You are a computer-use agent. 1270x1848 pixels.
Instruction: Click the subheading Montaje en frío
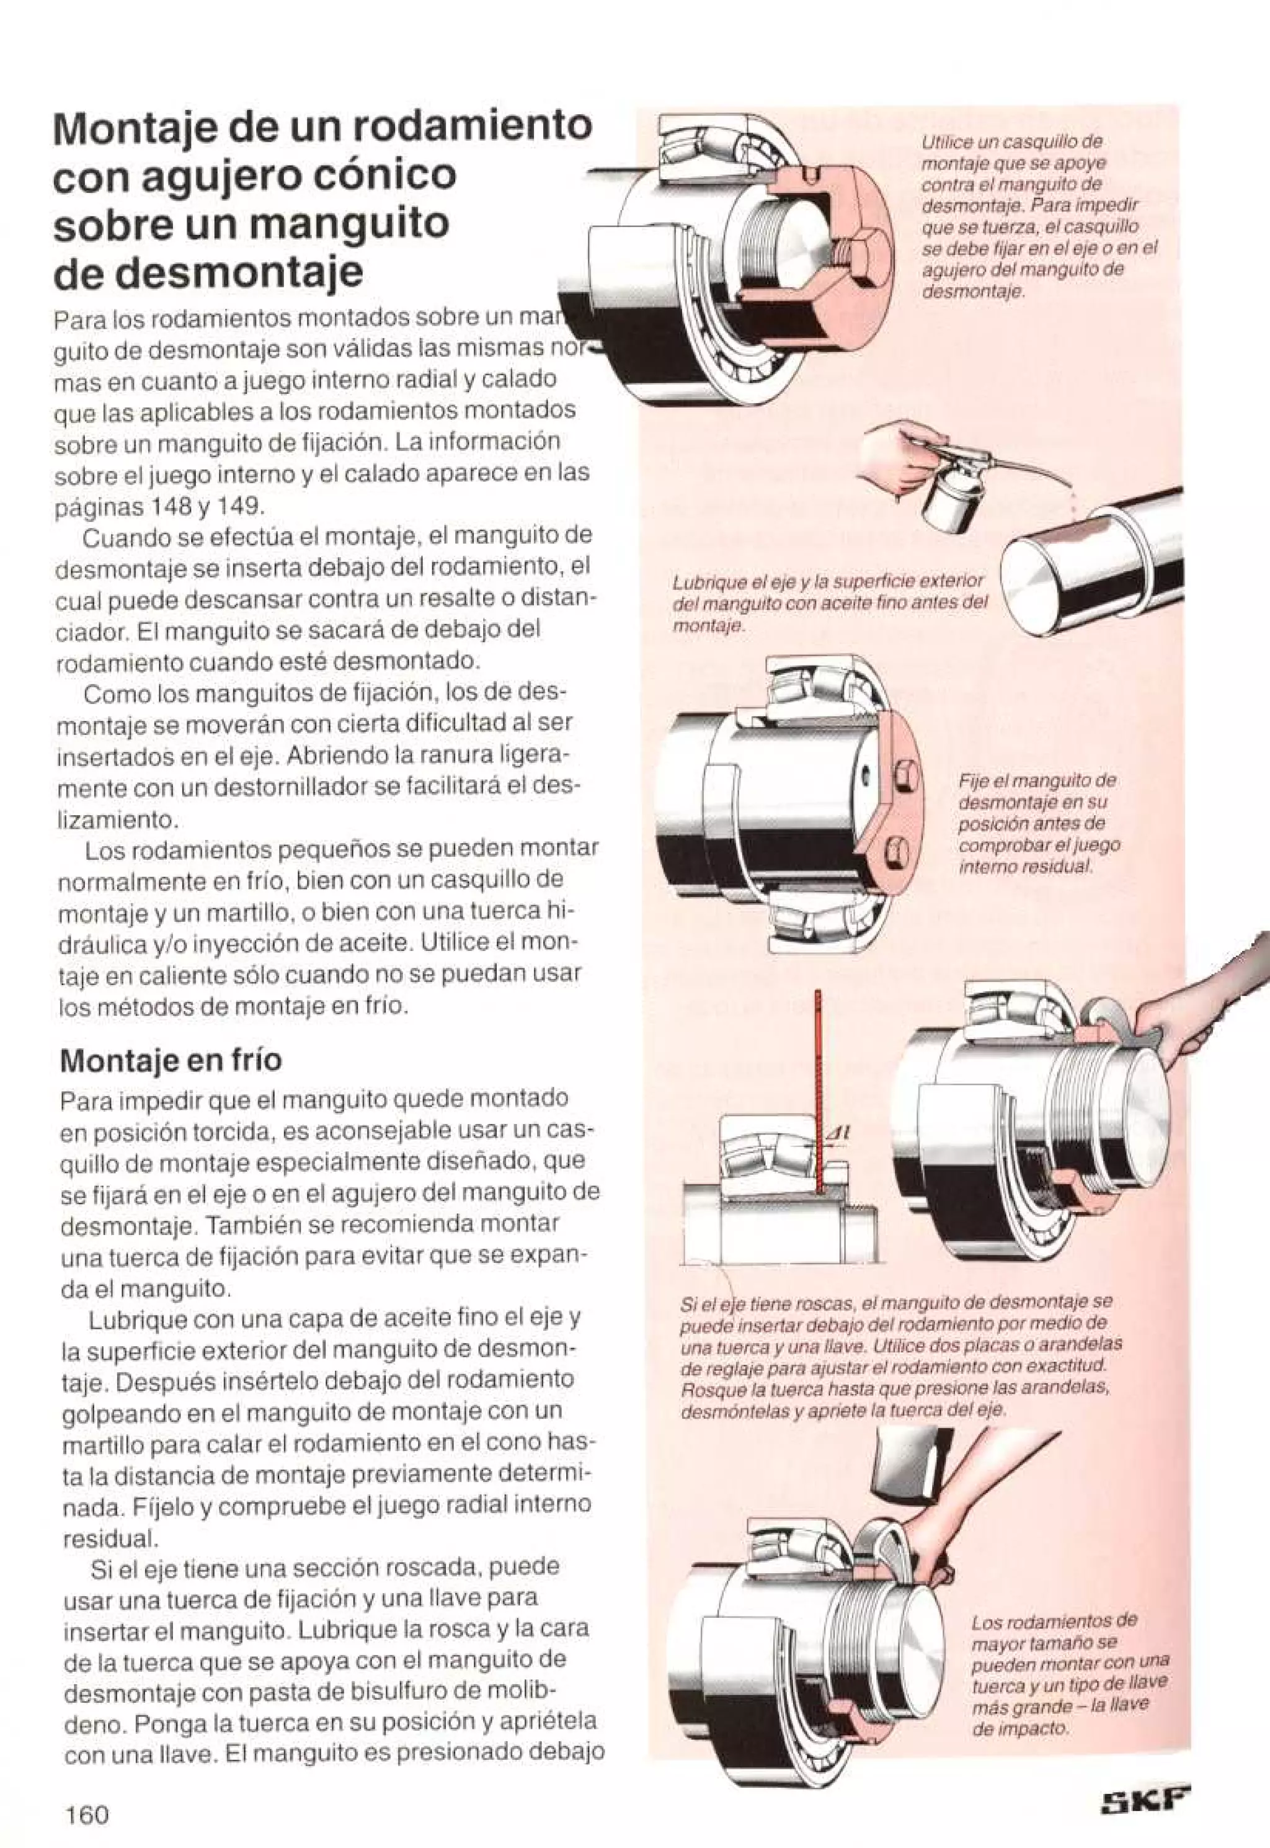point(171,1060)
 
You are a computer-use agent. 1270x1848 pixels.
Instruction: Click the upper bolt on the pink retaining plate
point(905,773)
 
